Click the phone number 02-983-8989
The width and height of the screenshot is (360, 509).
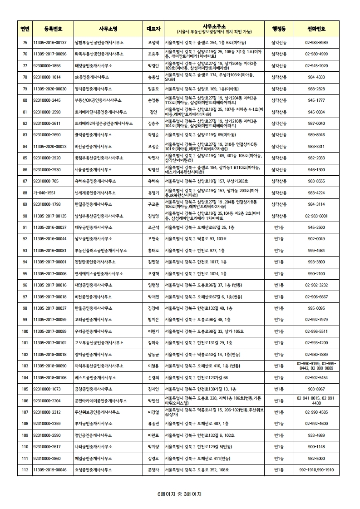tap(316, 43)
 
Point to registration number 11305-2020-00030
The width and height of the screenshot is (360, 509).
tap(50, 89)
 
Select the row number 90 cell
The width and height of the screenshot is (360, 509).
tap(25, 216)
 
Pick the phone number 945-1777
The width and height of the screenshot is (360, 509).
tap(316, 100)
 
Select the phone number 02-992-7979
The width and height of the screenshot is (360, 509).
tap(316, 320)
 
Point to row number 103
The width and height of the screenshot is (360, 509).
tap(25, 366)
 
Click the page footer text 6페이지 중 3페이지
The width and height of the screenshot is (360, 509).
tap(179, 494)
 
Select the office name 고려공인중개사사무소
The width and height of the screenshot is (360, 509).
tap(93, 320)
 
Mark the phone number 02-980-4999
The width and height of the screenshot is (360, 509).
tap(316, 54)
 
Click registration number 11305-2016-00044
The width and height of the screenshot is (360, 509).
tap(50, 239)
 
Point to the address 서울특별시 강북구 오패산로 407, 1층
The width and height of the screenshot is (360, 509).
tap(196, 424)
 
